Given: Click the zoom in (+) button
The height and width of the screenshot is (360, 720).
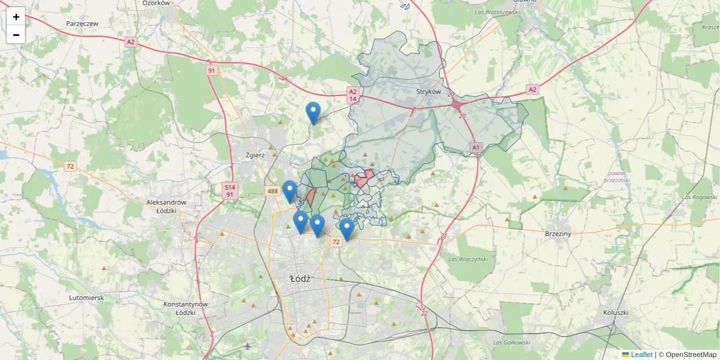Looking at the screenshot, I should click(16, 17).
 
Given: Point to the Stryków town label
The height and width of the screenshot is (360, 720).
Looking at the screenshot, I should click(428, 92).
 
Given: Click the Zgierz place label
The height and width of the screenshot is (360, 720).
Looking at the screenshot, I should click(255, 155).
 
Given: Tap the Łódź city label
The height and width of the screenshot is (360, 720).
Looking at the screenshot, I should click(300, 279).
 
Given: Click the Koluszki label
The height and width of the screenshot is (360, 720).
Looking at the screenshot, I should click(615, 313).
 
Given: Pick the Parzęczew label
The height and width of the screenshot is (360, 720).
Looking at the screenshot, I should click(82, 24).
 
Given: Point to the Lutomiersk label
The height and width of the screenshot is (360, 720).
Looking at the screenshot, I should click(86, 298).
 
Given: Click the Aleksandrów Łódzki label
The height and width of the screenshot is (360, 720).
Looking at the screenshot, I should click(166, 206).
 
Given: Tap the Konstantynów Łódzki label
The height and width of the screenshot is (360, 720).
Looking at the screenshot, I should click(185, 308).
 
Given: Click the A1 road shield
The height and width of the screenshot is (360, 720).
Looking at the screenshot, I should click(476, 147).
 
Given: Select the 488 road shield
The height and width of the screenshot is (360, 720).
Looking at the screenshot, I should click(272, 191).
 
